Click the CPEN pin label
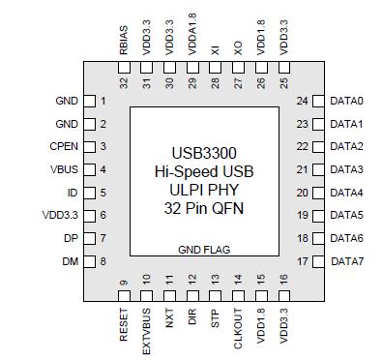pyautogui.click(x=63, y=147)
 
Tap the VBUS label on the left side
pyautogui.click(x=64, y=169)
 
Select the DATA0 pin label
pyautogui.click(x=347, y=102)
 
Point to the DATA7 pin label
pyautogui.click(x=347, y=261)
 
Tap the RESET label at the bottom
pyautogui.click(x=124, y=323)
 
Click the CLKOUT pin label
pyautogui.click(x=237, y=327)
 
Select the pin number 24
pyautogui.click(x=303, y=102)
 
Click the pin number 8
pyautogui.click(x=102, y=261)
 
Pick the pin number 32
pyautogui.click(x=124, y=82)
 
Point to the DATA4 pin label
pyautogui.click(x=347, y=193)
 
